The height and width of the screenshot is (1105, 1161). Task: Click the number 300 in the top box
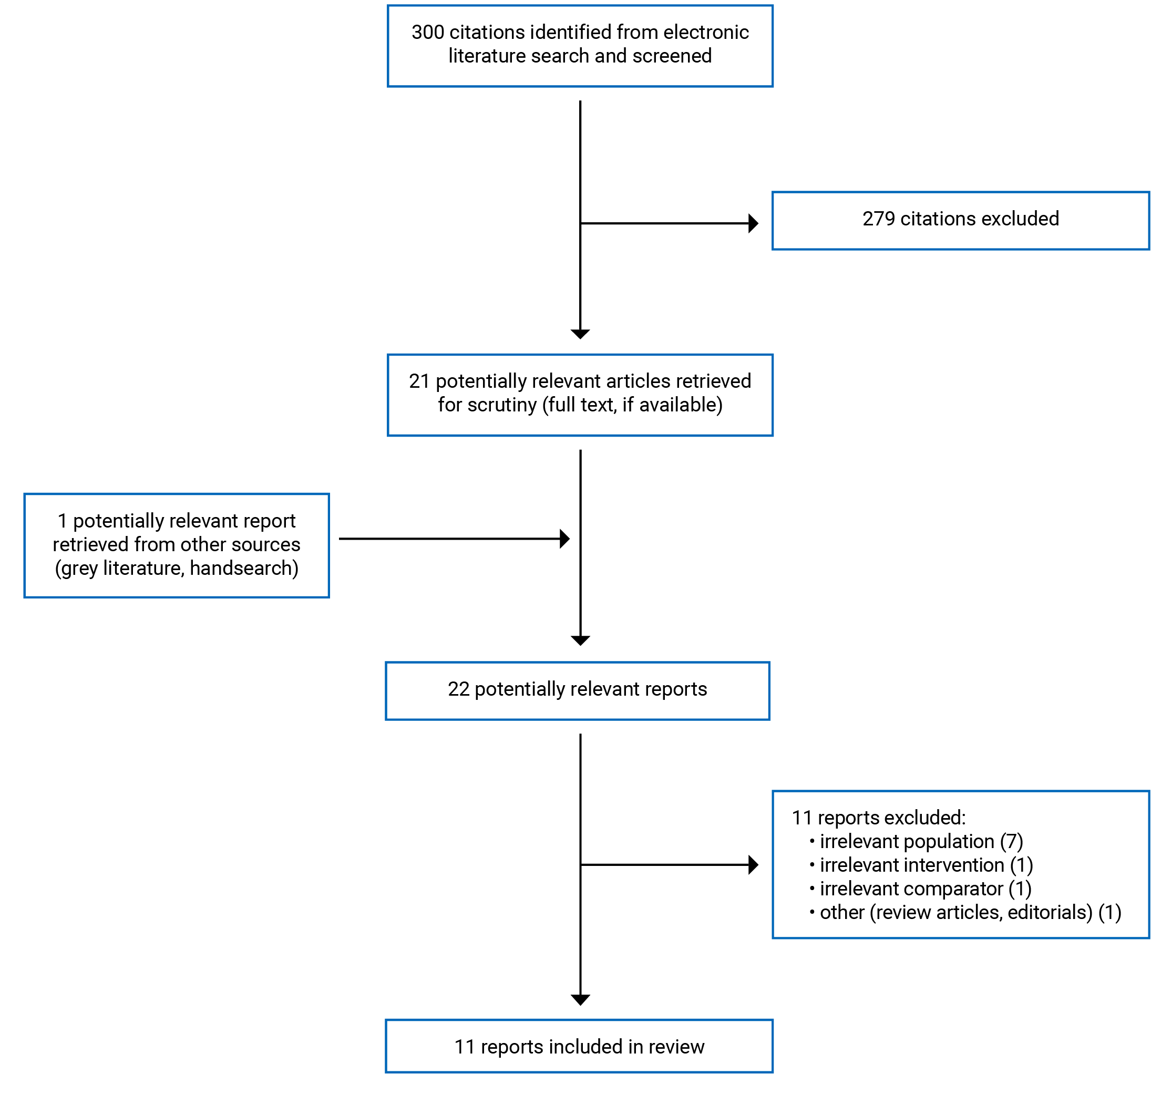[427, 32]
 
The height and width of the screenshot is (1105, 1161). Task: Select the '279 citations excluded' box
[960, 221]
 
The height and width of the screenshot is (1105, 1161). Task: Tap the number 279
[878, 219]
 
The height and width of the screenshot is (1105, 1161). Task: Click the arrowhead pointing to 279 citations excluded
[753, 223]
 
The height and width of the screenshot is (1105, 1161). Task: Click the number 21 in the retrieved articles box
[419, 381]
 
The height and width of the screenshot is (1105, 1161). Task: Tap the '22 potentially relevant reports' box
[577, 690]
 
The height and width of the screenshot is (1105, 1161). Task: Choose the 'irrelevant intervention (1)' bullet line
[926, 865]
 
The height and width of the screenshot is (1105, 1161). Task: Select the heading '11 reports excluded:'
[878, 818]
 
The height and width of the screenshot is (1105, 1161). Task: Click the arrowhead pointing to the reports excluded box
[753, 865]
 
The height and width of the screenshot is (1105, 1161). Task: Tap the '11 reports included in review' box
[579, 1046]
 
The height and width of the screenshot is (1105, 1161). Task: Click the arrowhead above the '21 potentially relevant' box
[580, 334]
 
